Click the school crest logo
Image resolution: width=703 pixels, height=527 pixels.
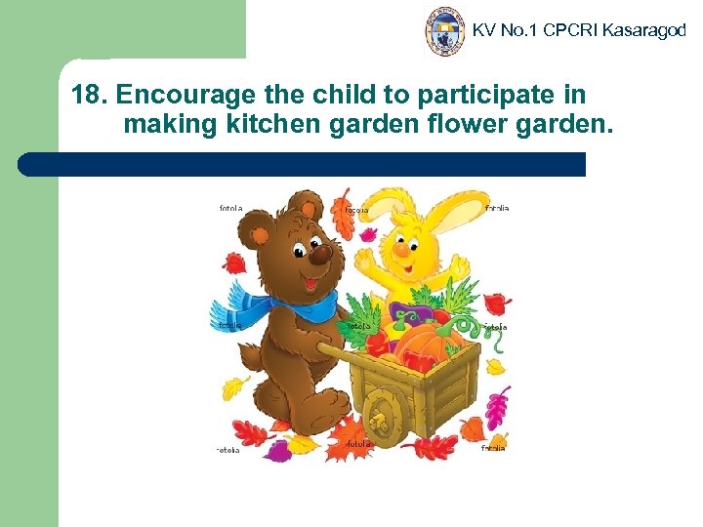[446, 31]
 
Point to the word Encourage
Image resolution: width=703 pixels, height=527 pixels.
[185, 96]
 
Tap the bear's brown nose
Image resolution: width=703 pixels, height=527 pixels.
[319, 255]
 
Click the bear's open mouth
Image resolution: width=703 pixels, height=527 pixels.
[310, 282]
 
